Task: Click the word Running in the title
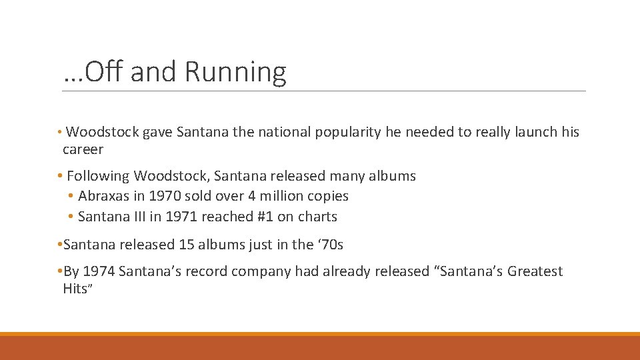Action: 236,72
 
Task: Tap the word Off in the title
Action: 103,72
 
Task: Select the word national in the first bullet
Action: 287,132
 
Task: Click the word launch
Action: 537,132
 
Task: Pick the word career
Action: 83,149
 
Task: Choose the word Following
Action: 97,176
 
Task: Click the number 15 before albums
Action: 187,245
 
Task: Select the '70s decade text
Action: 329,245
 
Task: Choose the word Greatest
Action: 535,271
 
